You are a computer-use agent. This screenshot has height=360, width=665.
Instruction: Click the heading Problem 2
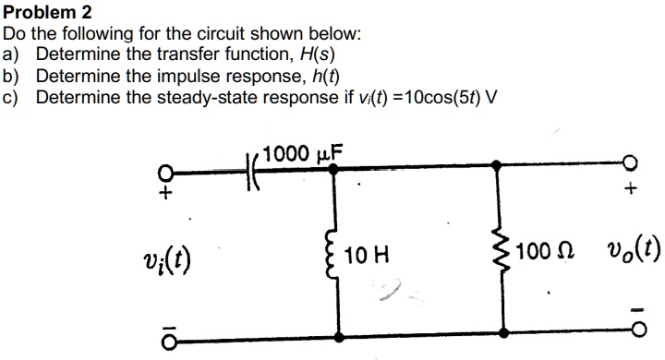pos(47,12)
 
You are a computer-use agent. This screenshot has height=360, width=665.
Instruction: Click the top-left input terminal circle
pos(166,172)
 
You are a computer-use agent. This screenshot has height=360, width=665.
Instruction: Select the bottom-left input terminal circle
pos(166,341)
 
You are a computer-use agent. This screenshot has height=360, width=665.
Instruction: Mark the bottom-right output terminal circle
pos(631,341)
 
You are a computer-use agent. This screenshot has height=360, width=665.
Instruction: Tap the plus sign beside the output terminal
pos(631,192)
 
